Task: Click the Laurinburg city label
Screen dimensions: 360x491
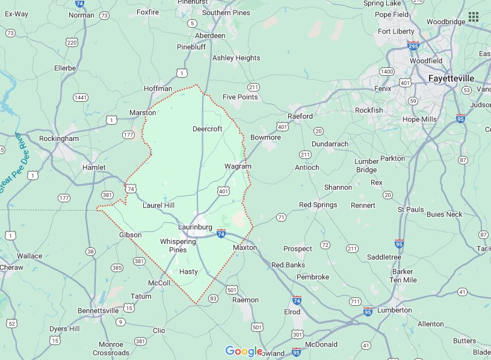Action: [196, 227]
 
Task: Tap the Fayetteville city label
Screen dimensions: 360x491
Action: [451, 79]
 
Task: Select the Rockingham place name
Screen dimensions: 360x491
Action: [59, 138]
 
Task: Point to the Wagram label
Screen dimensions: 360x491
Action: [238, 166]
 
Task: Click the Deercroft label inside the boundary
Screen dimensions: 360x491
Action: [207, 129]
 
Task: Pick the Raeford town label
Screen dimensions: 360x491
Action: [300, 116]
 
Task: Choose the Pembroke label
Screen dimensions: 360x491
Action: [313, 277]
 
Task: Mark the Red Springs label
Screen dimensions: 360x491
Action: [318, 205]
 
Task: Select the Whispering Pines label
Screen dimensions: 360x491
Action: [178, 246]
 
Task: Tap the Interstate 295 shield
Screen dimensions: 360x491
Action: [413, 45]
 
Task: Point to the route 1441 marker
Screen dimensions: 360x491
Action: [81, 98]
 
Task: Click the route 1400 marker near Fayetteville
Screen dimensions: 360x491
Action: [386, 72]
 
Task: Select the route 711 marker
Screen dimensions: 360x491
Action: [355, 301]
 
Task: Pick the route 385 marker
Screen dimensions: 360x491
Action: [117, 267]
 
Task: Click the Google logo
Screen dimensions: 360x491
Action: [244, 351]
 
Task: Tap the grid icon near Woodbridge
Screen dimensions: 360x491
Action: [474, 16]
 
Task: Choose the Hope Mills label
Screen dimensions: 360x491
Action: [419, 119]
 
